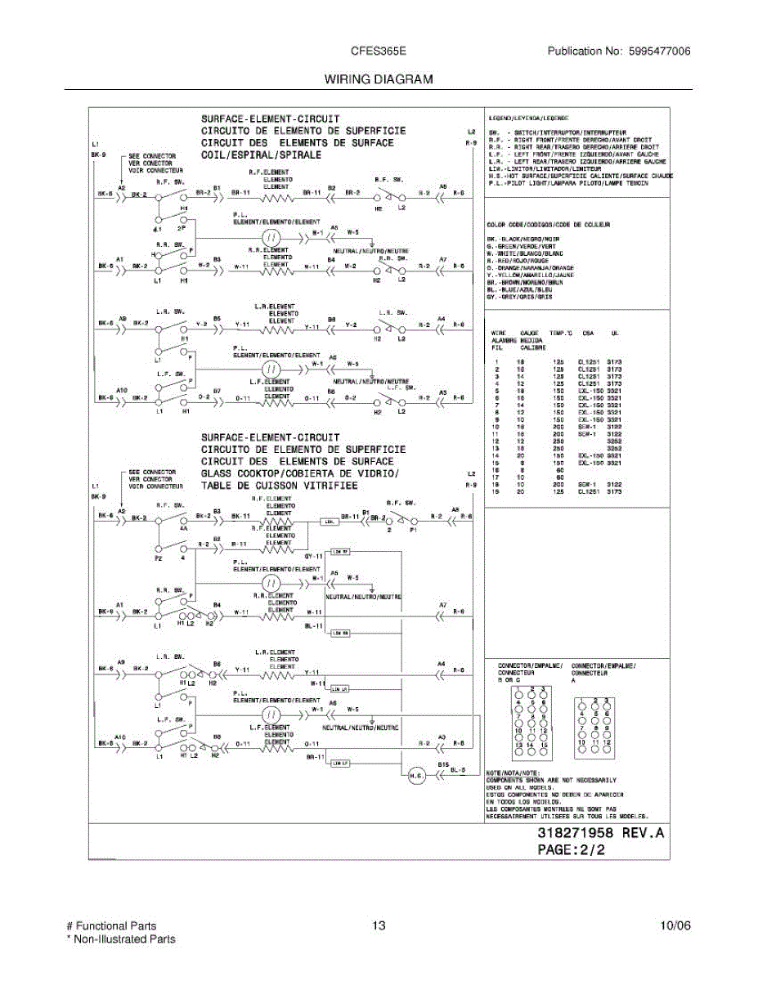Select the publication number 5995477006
point(659,51)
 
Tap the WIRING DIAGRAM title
point(378,79)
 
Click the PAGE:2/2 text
point(572,850)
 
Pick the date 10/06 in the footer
point(675,926)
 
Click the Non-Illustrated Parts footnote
point(121,939)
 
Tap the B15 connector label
point(442,763)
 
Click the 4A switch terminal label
point(184,528)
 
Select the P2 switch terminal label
point(156,558)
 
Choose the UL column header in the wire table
point(614,334)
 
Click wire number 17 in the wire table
point(496,477)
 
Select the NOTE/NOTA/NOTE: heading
point(512,772)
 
